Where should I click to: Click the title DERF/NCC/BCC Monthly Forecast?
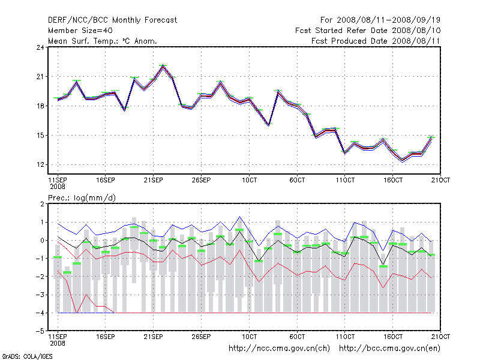tap(112, 20)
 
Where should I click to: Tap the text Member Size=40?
tap(80, 30)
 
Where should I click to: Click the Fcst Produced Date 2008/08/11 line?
tap(376, 41)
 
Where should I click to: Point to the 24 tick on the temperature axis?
tap(41, 47)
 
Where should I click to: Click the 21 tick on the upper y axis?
tap(41, 77)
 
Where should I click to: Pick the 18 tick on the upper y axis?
tap(41, 106)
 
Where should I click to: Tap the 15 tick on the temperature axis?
tap(41, 136)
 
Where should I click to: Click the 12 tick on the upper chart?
tap(41, 165)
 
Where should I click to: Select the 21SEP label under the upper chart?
tap(154, 180)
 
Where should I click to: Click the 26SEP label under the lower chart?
tap(202, 336)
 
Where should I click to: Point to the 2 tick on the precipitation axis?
tap(43, 204)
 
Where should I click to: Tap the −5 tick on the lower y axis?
tap(41, 331)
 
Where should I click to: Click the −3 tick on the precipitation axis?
tap(41, 295)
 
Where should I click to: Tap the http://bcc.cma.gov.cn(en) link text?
tap(390, 348)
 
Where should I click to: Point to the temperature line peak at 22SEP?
tap(163, 66)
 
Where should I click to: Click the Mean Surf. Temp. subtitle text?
tap(102, 41)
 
